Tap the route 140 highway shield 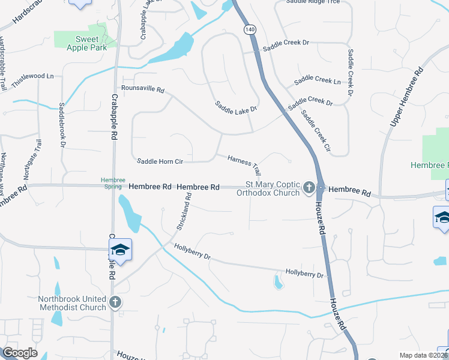pyautogui.click(x=249, y=29)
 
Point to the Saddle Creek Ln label pyautogui.click(x=318, y=80)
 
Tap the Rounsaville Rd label pyautogui.click(x=142, y=89)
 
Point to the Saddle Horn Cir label pyautogui.click(x=160, y=161)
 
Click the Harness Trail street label pyautogui.click(x=244, y=162)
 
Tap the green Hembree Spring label pyautogui.click(x=112, y=183)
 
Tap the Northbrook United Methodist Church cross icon pyautogui.click(x=116, y=303)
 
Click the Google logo pyautogui.click(x=20, y=353)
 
